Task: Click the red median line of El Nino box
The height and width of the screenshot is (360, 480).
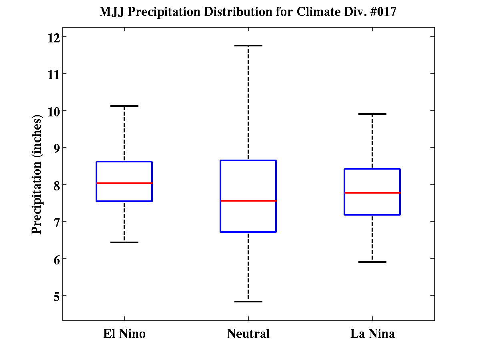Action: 124,183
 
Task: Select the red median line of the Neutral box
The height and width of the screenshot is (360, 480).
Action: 248,201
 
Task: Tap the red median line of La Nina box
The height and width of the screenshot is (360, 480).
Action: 372,193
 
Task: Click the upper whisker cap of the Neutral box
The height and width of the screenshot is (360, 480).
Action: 248,46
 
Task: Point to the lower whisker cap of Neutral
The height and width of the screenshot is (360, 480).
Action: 248,302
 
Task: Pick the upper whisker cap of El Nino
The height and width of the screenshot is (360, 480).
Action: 124,106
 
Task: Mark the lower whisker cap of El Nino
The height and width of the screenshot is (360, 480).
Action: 124,242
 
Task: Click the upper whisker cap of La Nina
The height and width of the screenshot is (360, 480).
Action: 372,114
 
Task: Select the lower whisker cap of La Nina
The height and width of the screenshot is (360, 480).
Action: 372,262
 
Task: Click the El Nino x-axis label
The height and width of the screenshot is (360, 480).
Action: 124,334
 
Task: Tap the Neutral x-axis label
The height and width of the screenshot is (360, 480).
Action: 248,334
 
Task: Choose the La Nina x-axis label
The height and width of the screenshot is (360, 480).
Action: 372,334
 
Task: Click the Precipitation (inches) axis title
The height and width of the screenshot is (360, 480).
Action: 37,176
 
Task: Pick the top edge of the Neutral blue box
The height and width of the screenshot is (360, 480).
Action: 248,160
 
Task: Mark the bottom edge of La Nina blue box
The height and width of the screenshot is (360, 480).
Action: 372,215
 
